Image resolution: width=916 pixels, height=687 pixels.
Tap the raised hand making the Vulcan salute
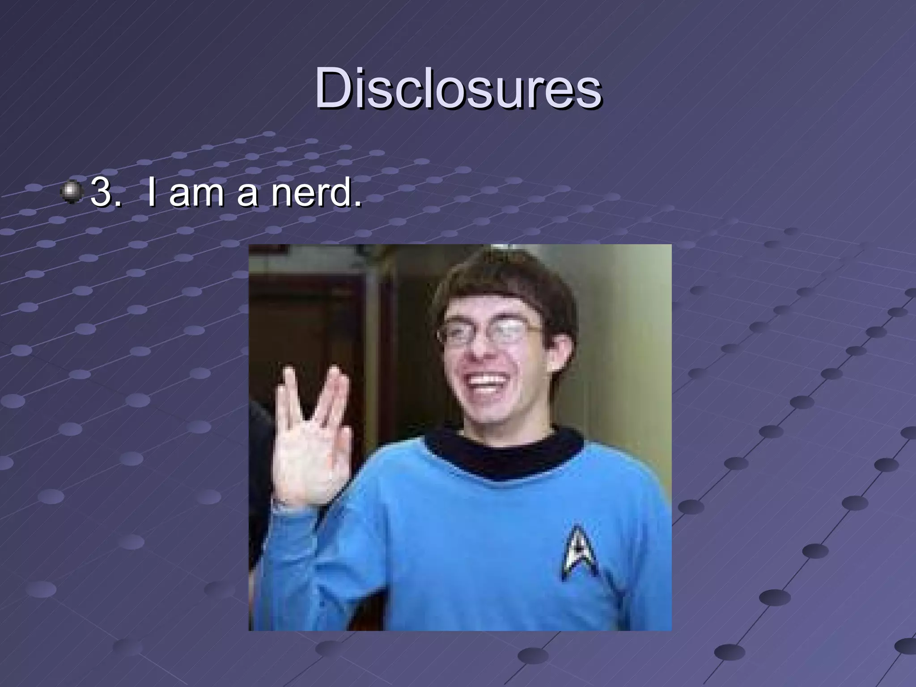pyautogui.click(x=309, y=438)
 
